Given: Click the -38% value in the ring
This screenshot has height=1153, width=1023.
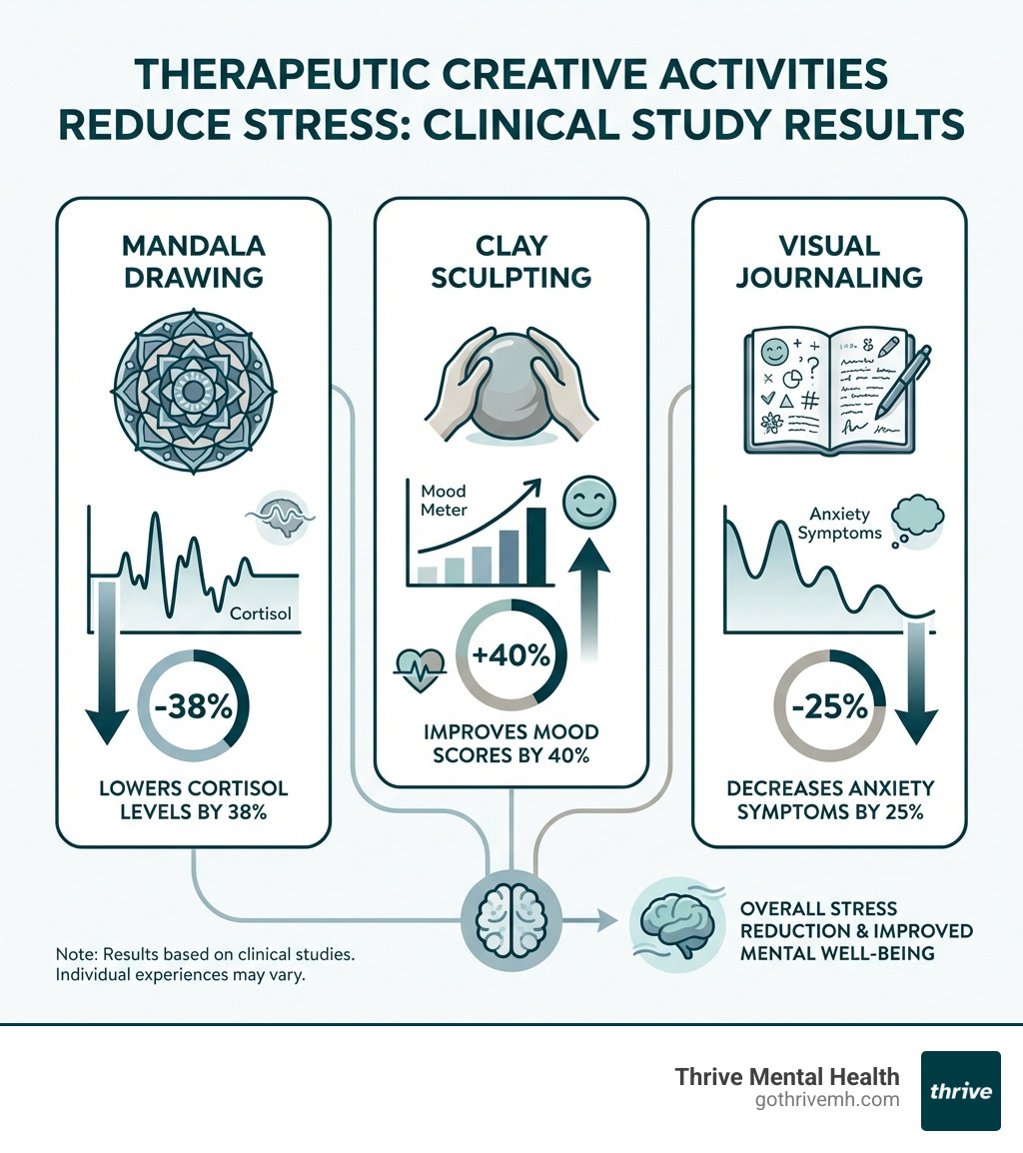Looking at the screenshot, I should [195, 707].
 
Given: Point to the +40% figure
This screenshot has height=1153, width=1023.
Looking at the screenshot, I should [511, 655].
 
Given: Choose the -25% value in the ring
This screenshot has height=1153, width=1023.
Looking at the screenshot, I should [830, 707].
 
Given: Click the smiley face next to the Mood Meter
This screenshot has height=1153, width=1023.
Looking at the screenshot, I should [583, 500].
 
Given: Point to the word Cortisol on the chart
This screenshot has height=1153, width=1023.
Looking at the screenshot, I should [260, 613].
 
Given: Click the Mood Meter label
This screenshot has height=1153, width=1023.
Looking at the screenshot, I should [444, 502].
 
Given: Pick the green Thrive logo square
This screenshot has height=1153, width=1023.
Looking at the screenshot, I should [960, 1090].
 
